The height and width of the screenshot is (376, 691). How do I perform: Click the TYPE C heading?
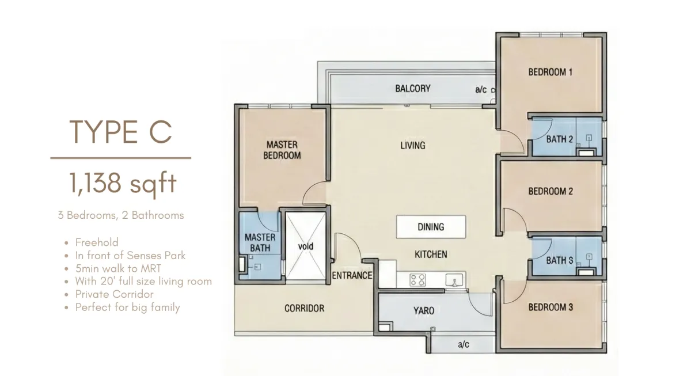point(120,132)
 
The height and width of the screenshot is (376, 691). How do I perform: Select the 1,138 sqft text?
point(123,183)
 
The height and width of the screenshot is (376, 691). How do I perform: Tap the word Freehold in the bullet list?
point(97,242)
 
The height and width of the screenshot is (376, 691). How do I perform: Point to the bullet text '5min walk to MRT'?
point(118,268)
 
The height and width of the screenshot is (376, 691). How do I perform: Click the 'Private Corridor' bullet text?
point(115,294)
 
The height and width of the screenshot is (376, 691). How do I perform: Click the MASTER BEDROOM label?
point(282,150)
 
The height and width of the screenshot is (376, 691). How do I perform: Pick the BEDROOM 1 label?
point(550,72)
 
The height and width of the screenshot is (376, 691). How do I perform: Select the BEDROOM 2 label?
point(550,191)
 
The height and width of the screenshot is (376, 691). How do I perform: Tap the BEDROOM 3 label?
point(550,307)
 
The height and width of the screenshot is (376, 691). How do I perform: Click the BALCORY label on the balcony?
point(413,89)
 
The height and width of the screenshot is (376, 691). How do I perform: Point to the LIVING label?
point(413,145)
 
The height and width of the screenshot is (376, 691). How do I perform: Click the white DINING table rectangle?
point(431,227)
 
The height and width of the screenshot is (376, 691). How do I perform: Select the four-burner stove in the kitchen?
point(417,280)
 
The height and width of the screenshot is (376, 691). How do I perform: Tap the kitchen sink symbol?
point(454,280)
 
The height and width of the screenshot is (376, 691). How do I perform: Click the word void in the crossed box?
point(306,246)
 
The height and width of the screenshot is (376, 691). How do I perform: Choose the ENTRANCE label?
point(352,275)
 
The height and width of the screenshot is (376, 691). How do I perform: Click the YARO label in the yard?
point(424,310)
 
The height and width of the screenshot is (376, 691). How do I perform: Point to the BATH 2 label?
point(560,139)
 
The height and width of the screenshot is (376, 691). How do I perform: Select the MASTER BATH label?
point(260,242)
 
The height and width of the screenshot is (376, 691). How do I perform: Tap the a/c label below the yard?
point(464,344)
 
